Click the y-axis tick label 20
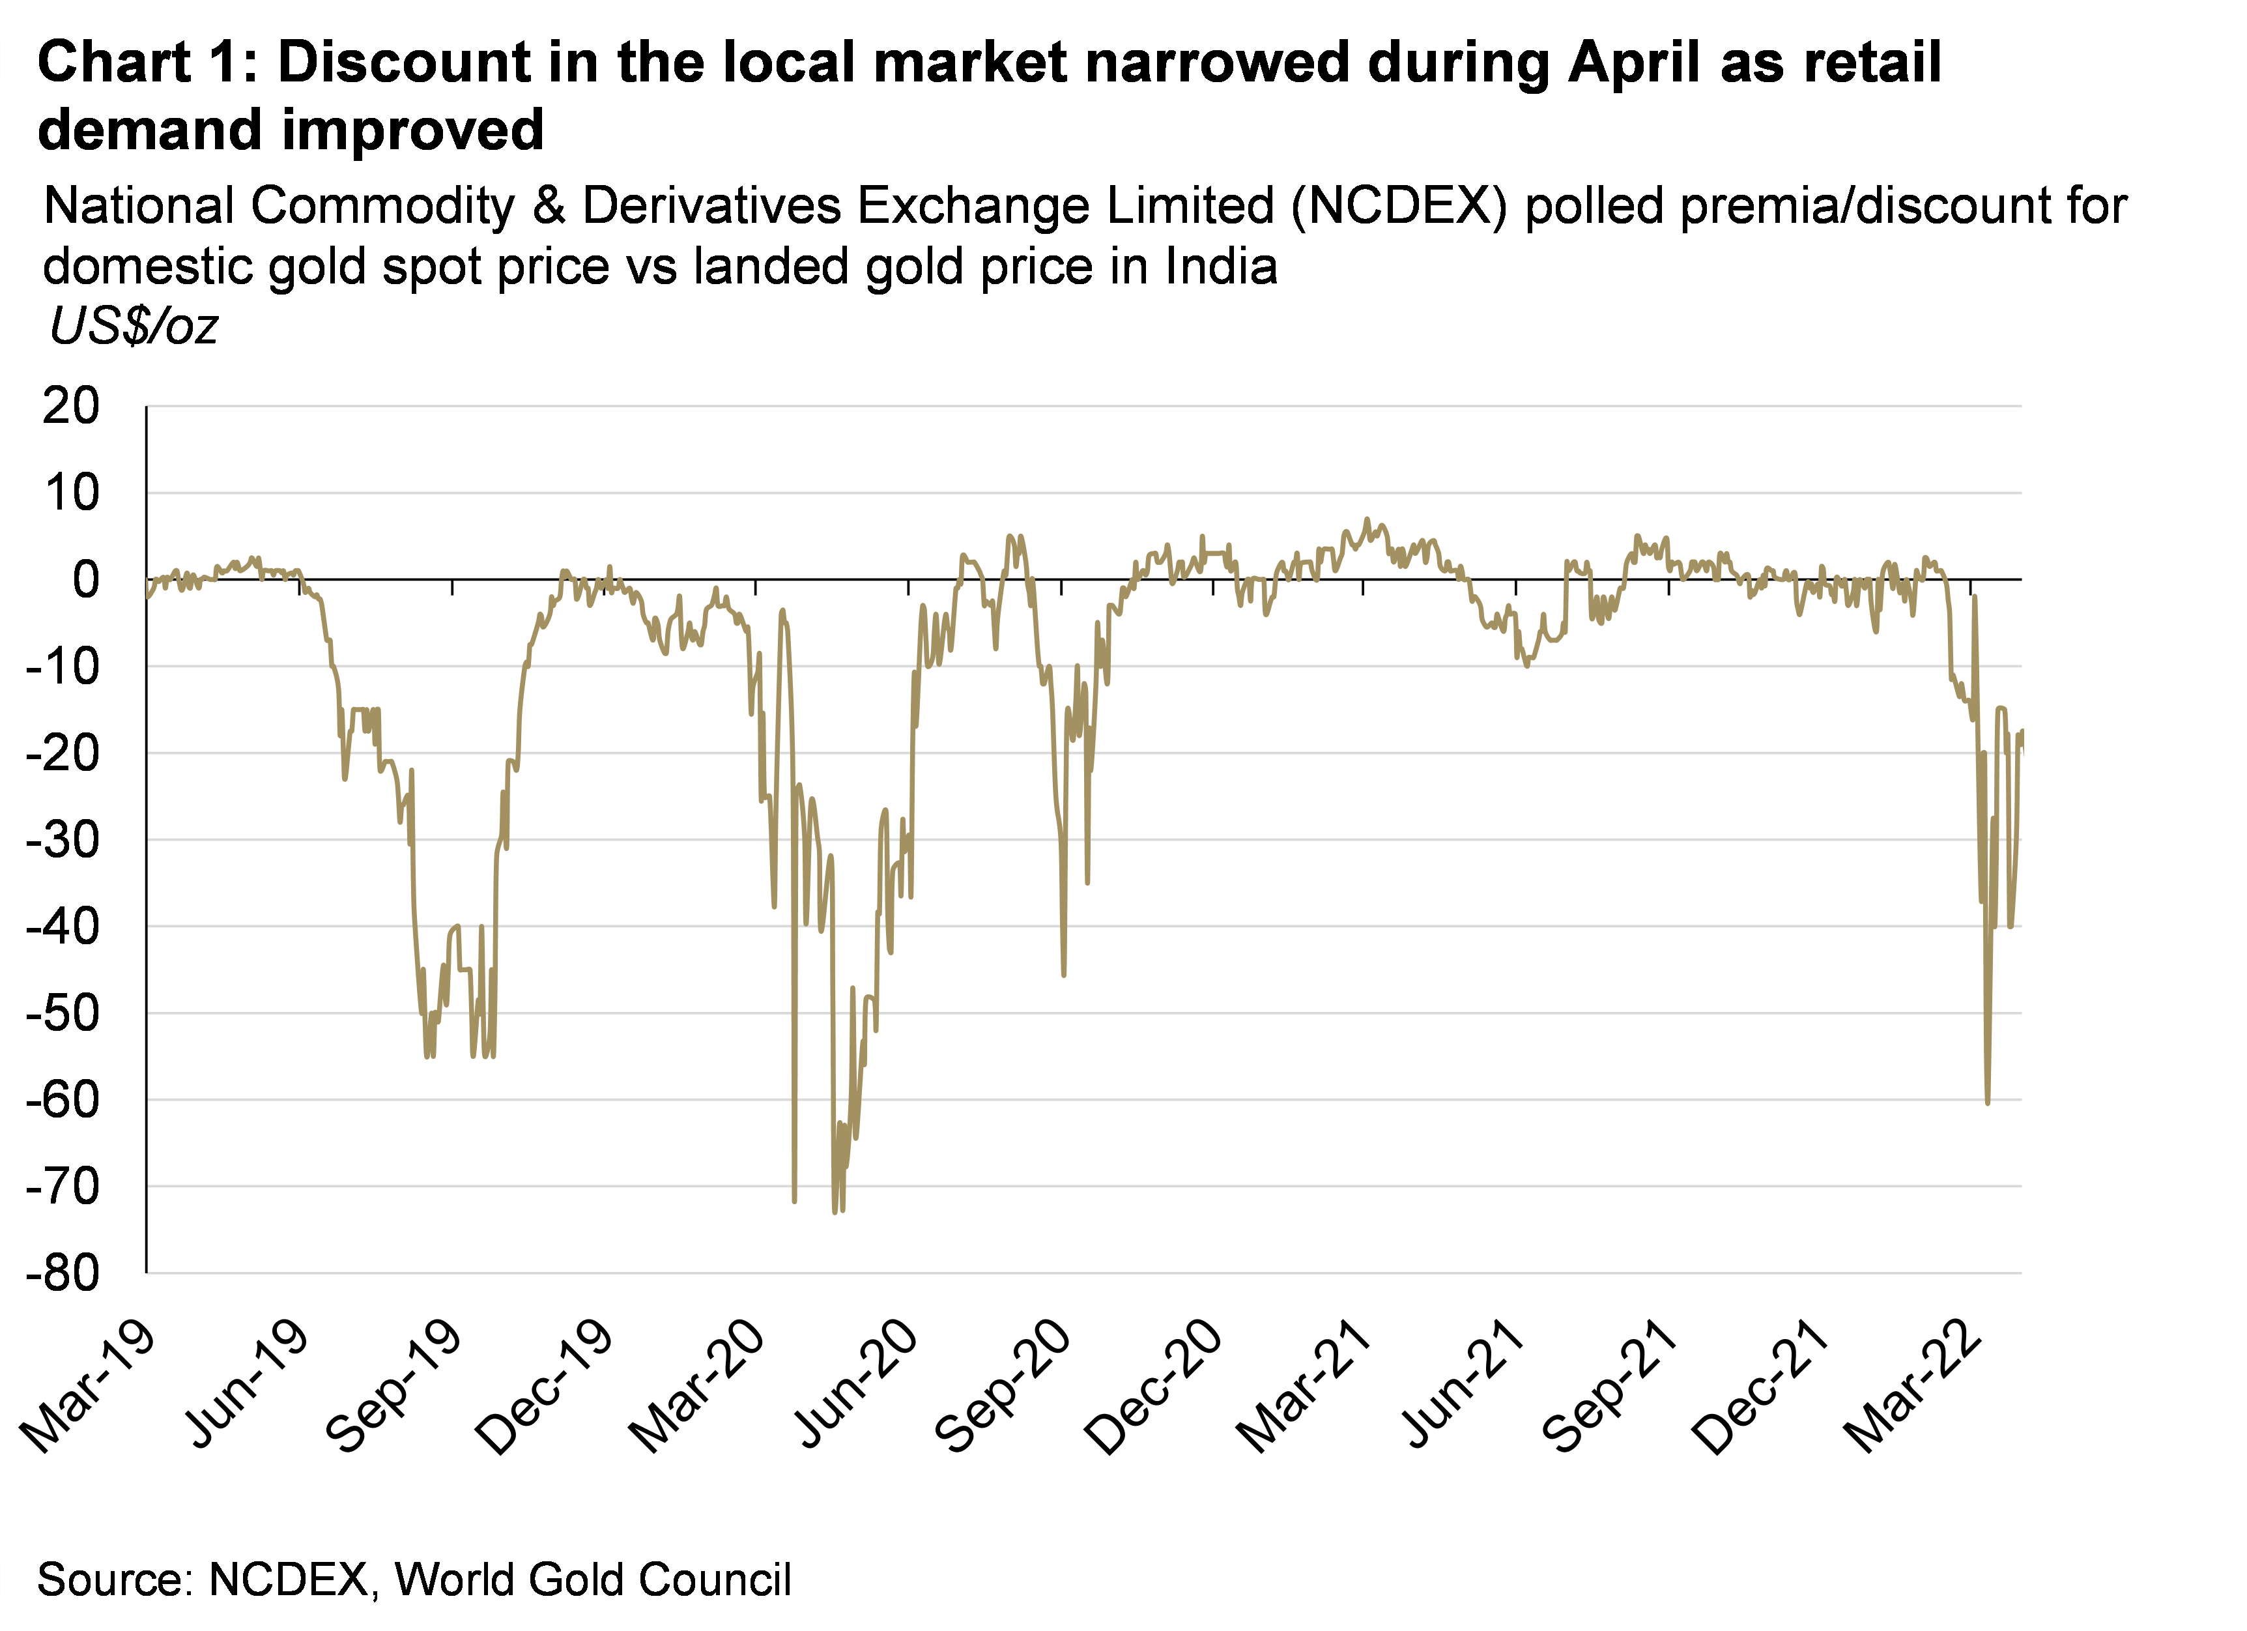click(71, 406)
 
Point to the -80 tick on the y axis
click(63, 1273)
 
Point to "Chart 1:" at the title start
click(147, 63)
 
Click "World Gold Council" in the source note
click(592, 1580)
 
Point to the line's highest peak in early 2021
click(1367, 519)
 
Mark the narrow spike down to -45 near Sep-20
click(1064, 975)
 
